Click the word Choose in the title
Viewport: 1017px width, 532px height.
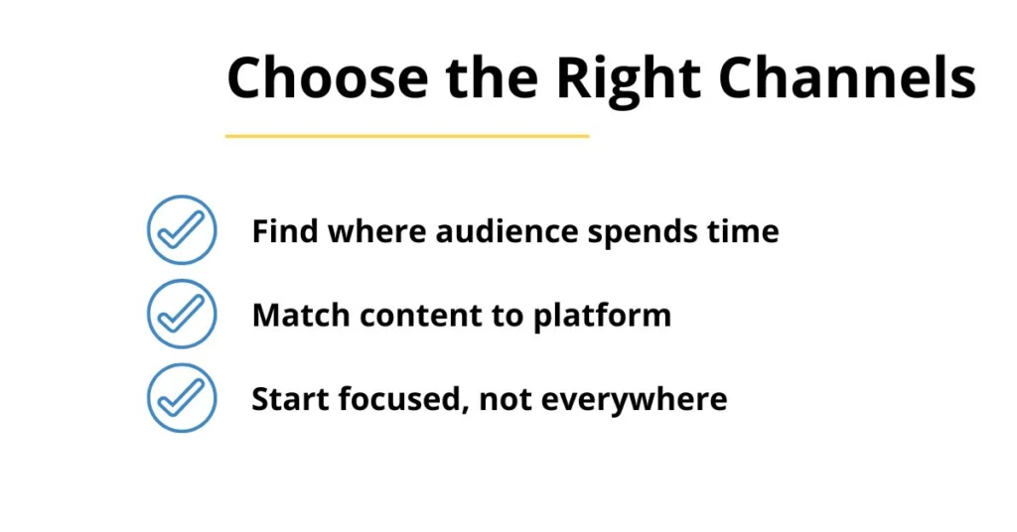click(328, 77)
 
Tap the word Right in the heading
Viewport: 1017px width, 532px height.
click(629, 80)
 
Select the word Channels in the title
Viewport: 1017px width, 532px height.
click(847, 77)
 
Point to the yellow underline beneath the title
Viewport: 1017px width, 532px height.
click(407, 136)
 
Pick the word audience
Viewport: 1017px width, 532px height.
click(507, 230)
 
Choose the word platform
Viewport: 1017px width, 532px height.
click(603, 318)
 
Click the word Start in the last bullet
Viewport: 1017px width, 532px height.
click(290, 399)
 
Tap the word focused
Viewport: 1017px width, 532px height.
click(403, 400)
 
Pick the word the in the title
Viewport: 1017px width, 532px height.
click(493, 77)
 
